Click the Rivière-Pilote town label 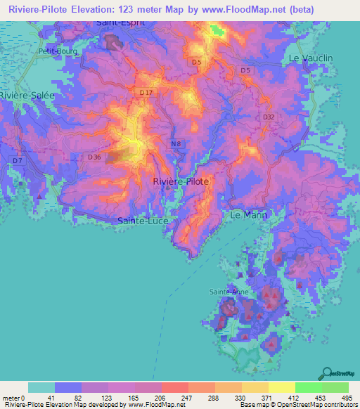click(181, 181)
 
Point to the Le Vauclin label click(310, 58)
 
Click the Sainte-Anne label click(229, 291)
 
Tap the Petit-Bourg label click(58, 51)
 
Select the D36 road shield click(95, 157)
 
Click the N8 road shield click(176, 144)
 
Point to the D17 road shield click(146, 93)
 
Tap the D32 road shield click(269, 117)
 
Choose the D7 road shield click(17, 161)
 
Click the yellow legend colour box click(281, 387)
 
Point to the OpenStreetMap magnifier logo click(326, 373)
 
